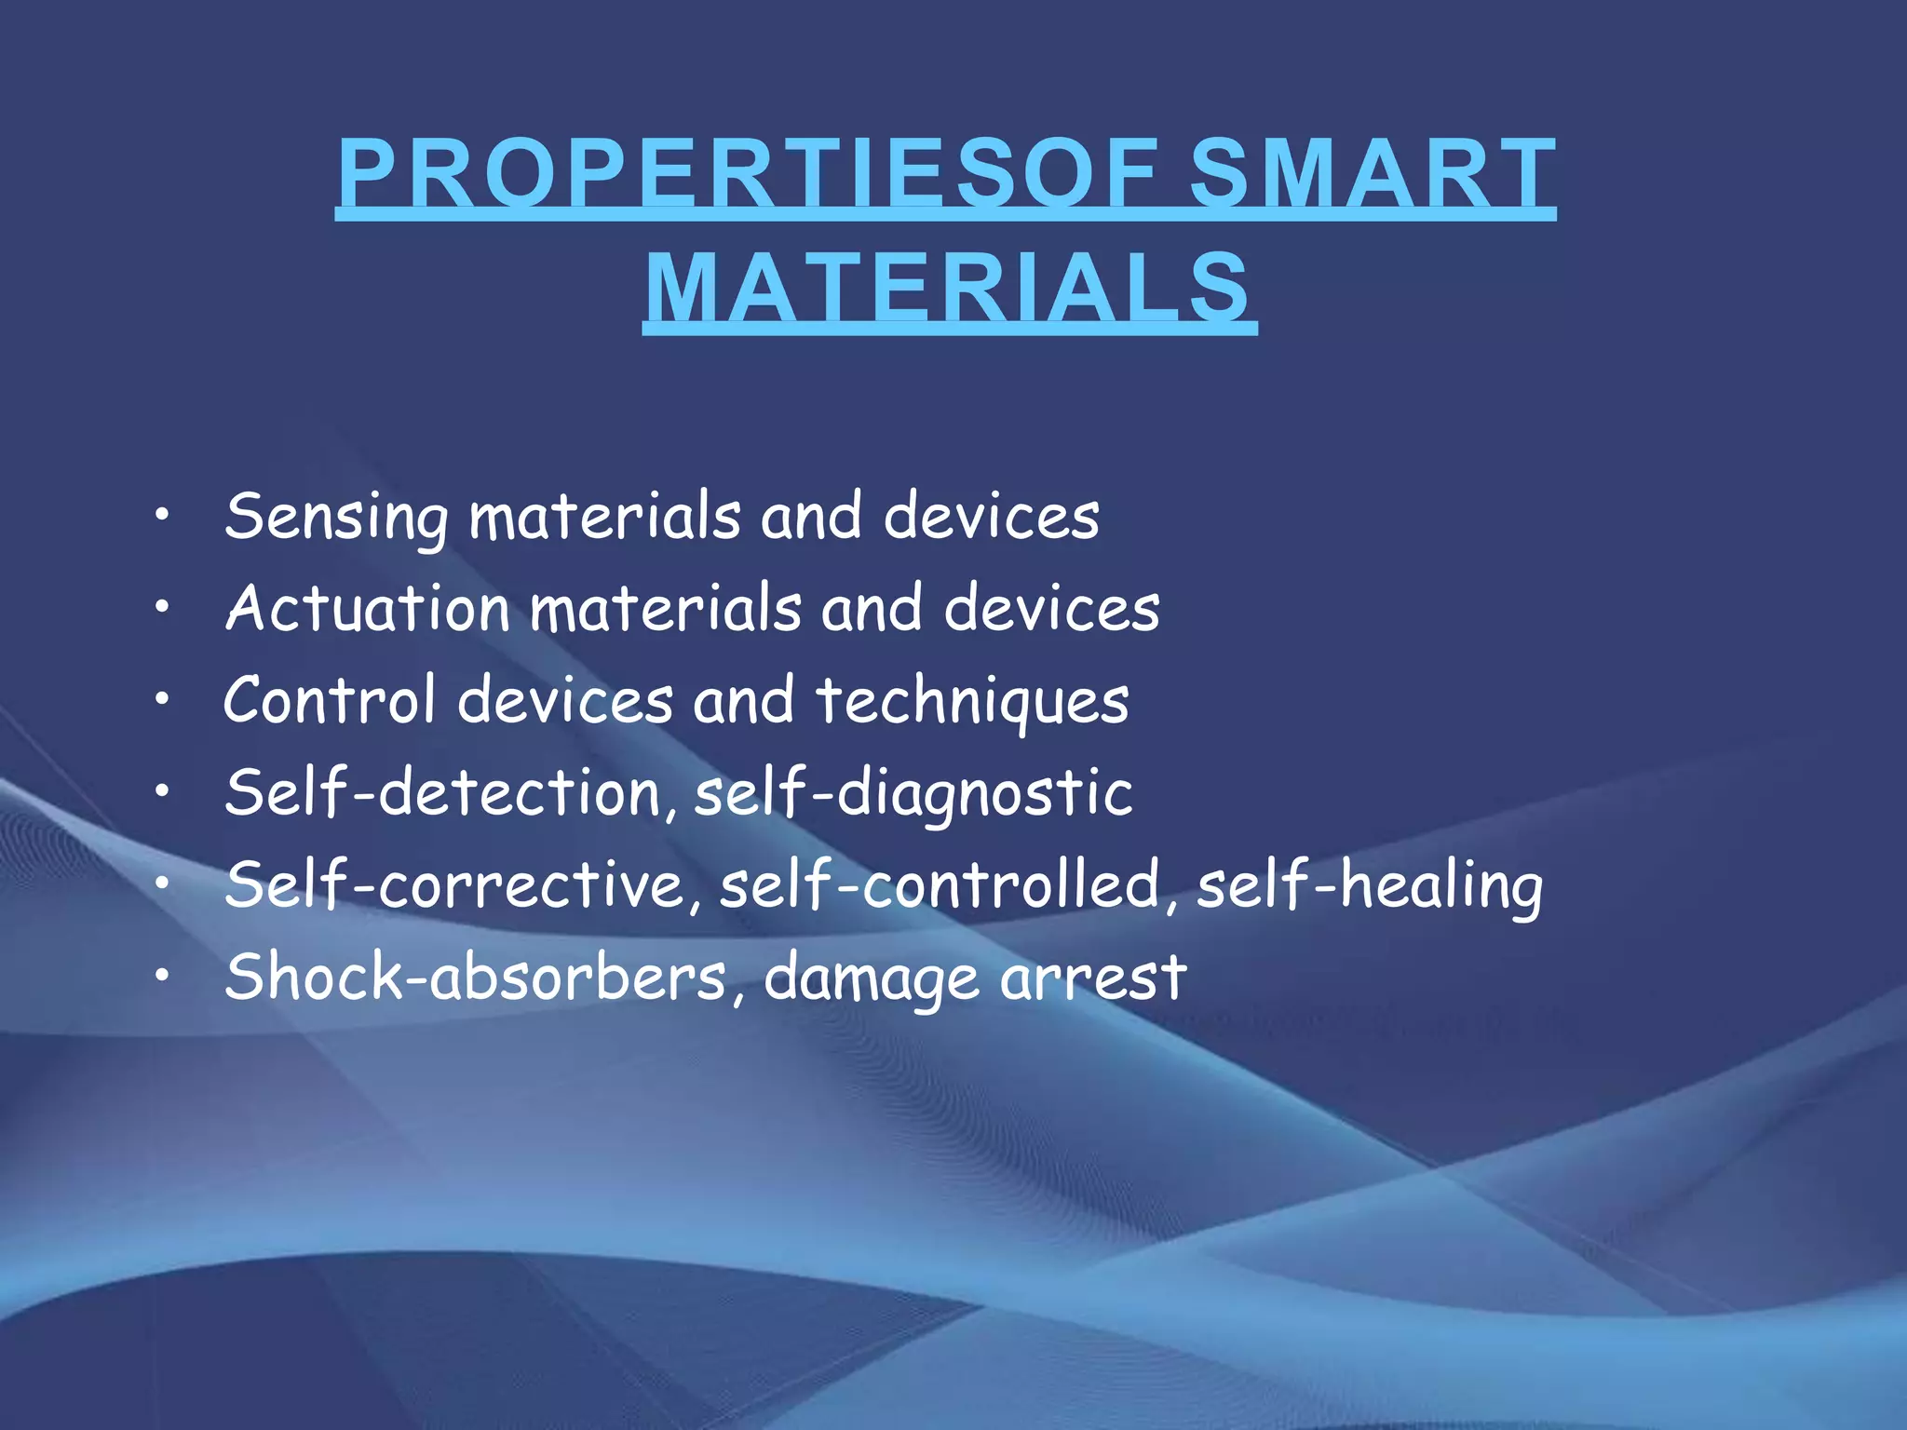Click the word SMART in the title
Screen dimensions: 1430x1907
point(1372,173)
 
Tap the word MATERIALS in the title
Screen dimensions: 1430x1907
point(949,288)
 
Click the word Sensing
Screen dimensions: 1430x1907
point(336,518)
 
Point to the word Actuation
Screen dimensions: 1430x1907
point(367,609)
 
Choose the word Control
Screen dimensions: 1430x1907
point(330,700)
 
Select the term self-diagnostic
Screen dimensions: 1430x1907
point(913,793)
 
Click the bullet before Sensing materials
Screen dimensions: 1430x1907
point(163,516)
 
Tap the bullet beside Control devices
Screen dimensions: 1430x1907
point(163,699)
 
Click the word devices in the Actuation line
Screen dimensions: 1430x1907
point(1051,609)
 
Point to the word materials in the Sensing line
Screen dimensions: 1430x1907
point(605,518)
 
